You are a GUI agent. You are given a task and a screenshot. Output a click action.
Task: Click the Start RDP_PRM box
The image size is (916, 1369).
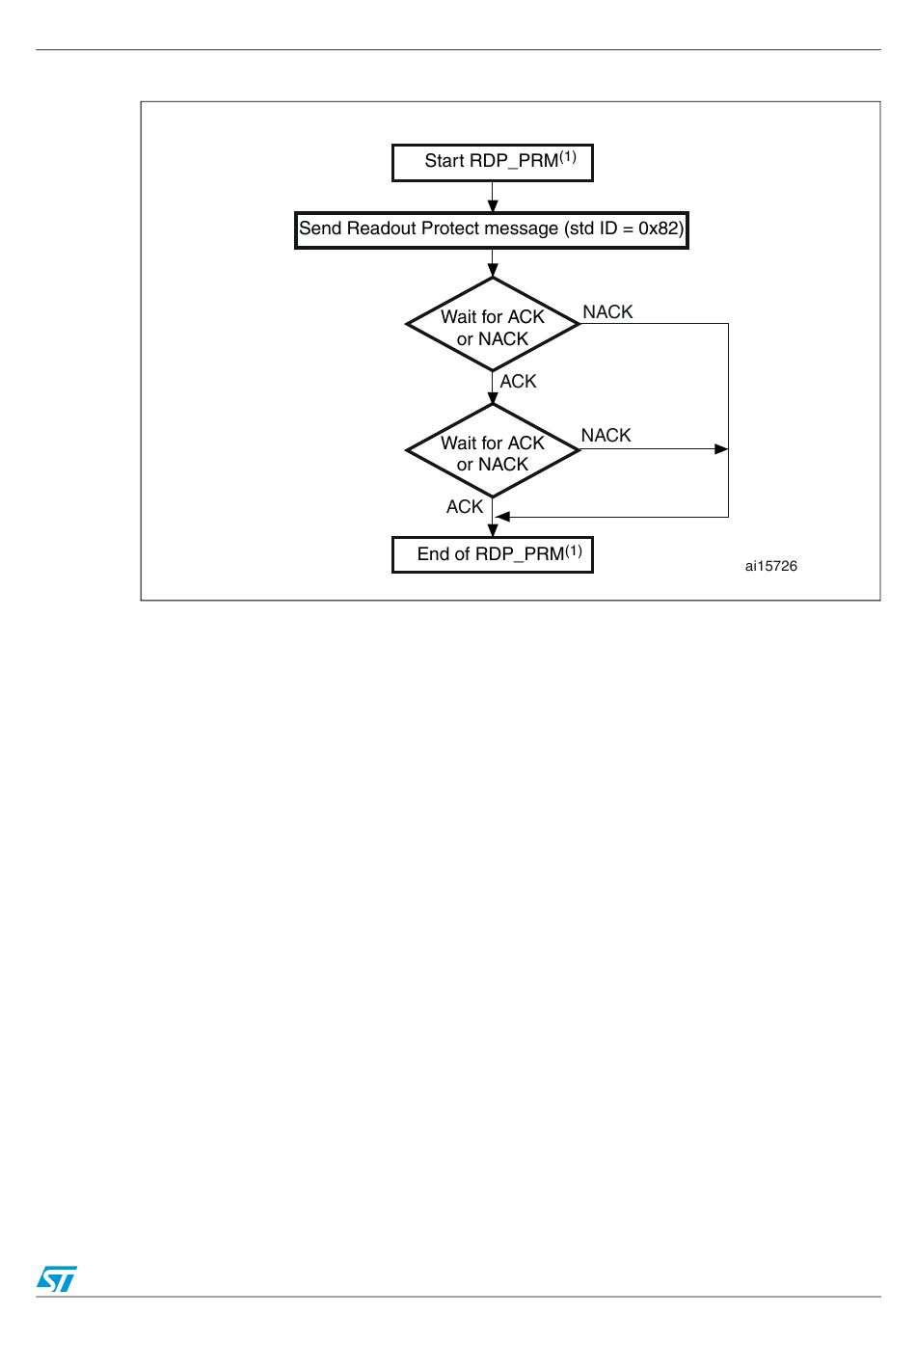[492, 163]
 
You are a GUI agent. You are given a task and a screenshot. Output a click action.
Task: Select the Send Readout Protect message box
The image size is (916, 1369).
[492, 230]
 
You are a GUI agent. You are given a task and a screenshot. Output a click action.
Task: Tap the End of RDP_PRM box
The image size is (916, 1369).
[492, 555]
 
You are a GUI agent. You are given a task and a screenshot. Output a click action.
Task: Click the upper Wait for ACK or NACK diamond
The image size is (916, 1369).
[493, 325]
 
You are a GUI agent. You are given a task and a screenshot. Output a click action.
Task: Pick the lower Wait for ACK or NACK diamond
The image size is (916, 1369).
[493, 451]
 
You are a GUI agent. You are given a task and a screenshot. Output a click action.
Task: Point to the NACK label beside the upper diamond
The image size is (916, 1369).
[607, 312]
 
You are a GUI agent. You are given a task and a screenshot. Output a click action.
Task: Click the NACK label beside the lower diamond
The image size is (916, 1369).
[606, 436]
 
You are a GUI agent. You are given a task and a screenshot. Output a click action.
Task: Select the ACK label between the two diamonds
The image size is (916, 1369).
[518, 382]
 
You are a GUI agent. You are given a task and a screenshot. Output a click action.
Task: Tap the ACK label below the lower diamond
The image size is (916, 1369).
[465, 507]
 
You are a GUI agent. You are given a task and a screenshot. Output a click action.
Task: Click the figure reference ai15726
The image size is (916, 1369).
[770, 567]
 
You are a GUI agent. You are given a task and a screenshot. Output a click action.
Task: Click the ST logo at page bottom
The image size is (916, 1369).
[57, 1278]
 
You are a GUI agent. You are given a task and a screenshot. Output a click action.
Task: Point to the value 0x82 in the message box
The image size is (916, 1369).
[659, 229]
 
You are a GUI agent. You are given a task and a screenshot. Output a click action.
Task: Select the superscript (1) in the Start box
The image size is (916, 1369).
[568, 156]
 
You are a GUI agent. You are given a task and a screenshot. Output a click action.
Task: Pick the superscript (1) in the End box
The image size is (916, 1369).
[574, 550]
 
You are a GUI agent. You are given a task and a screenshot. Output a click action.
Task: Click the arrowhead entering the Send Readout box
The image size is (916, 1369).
[493, 206]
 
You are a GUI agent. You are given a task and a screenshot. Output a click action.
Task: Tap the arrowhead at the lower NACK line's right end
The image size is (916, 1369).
[721, 449]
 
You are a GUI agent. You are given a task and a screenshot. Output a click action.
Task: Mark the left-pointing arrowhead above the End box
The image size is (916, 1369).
[502, 518]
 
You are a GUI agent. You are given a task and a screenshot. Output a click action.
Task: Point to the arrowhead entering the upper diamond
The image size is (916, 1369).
[493, 271]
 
